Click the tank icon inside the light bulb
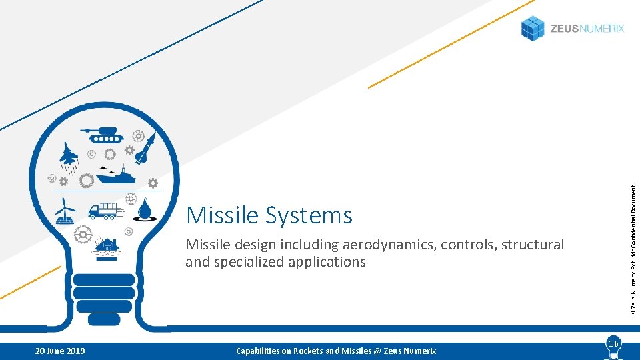104,135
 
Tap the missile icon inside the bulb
146,147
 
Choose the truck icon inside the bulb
106,211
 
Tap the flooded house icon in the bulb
107,247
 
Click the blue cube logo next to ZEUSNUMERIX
533,28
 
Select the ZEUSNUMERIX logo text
587,29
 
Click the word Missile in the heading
223,215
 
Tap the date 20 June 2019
61,351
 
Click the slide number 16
613,343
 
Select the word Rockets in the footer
306,351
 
